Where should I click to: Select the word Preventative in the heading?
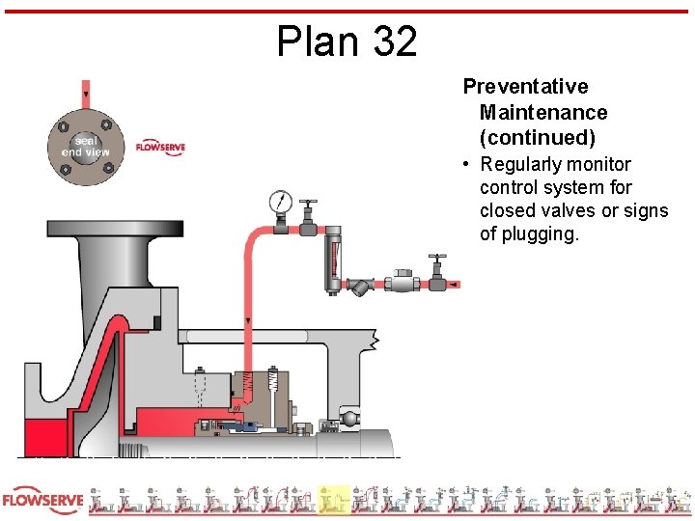pyautogui.click(x=525, y=87)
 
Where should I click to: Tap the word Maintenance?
pyautogui.click(x=543, y=113)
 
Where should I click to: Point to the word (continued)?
pyautogui.click(x=538, y=137)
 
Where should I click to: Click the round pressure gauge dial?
pyautogui.click(x=280, y=202)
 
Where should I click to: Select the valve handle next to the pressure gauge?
pyautogui.click(x=308, y=207)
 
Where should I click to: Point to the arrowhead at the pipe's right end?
pyautogui.click(x=455, y=285)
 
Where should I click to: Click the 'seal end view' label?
pyautogui.click(x=86, y=146)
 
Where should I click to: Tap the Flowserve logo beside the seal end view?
pyautogui.click(x=160, y=147)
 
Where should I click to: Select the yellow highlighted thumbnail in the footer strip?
pyautogui.click(x=334, y=499)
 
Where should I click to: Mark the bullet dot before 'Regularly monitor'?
pyautogui.click(x=466, y=165)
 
